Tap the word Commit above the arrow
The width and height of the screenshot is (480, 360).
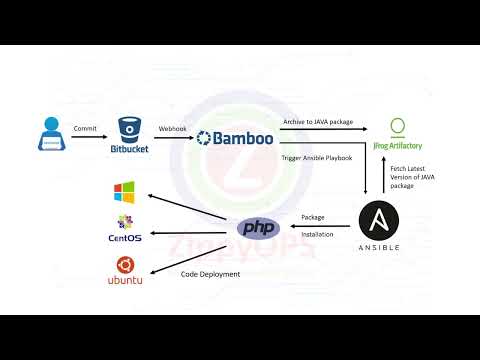coord(85,128)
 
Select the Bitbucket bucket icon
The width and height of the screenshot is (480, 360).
coord(130,130)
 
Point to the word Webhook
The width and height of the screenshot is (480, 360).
coord(172,128)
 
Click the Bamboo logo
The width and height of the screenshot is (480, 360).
coord(235,138)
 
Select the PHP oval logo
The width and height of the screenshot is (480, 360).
coord(258,228)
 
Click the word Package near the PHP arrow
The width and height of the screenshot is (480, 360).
coord(314,216)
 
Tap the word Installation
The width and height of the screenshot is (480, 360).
coord(318,235)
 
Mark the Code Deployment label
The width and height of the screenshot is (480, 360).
coord(210,273)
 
